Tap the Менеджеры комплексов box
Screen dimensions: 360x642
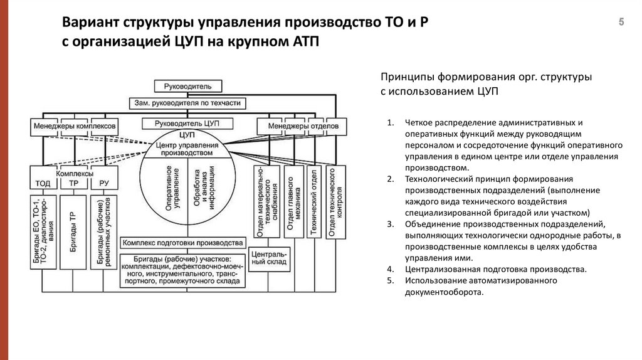[x=75, y=126]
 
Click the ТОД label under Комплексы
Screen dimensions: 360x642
[x=44, y=184]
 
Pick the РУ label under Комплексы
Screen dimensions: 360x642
[x=104, y=184]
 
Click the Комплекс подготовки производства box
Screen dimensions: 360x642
[x=183, y=243]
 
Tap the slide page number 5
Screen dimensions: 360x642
[x=621, y=22]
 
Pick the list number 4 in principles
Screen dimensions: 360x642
[x=390, y=270]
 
